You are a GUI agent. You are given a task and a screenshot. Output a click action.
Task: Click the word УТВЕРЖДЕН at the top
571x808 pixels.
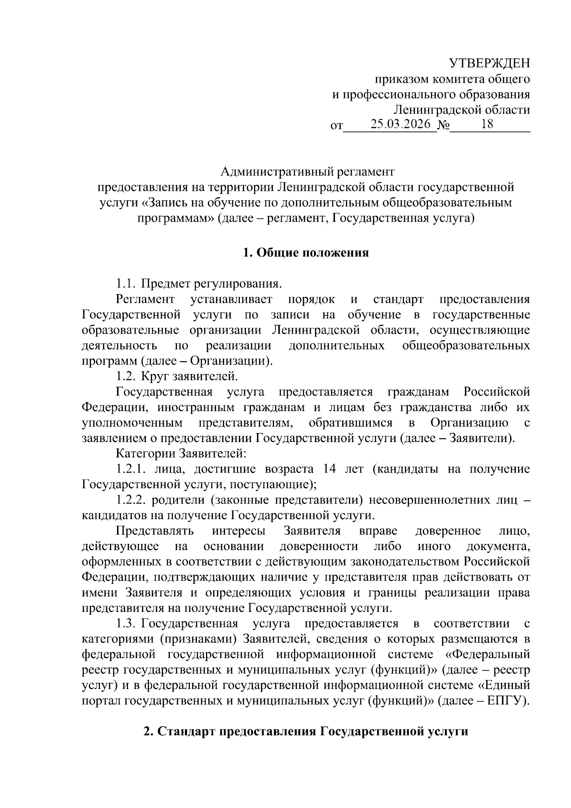pyautogui.click(x=490, y=63)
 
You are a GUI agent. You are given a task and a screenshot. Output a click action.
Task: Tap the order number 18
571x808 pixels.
pyautogui.click(x=486, y=125)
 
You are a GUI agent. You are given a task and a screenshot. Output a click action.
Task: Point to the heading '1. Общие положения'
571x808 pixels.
pyautogui.click(x=305, y=253)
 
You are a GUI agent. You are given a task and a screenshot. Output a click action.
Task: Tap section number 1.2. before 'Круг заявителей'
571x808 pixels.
pyautogui.click(x=126, y=377)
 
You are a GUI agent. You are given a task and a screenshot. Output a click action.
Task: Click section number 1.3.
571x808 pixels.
pyautogui.click(x=127, y=623)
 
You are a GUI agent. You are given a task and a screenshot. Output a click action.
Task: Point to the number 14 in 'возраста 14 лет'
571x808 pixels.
pyautogui.click(x=330, y=469)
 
